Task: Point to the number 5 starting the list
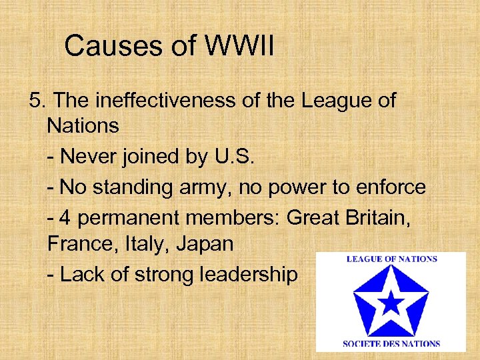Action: pyautogui.click(x=35, y=101)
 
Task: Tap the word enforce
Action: pyautogui.click(x=391, y=187)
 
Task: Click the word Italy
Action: pyautogui.click(x=142, y=245)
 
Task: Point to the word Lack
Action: pyautogui.click(x=79, y=274)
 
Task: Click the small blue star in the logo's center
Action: pyautogui.click(x=391, y=304)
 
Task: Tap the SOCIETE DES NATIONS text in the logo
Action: pyautogui.click(x=391, y=343)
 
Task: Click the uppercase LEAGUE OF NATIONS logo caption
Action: pyautogui.click(x=391, y=259)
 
